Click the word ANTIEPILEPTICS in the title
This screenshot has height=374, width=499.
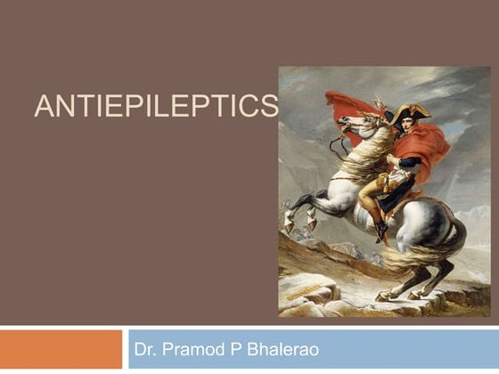pyautogui.click(x=155, y=109)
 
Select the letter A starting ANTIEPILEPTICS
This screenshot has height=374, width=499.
pyautogui.click(x=41, y=109)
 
